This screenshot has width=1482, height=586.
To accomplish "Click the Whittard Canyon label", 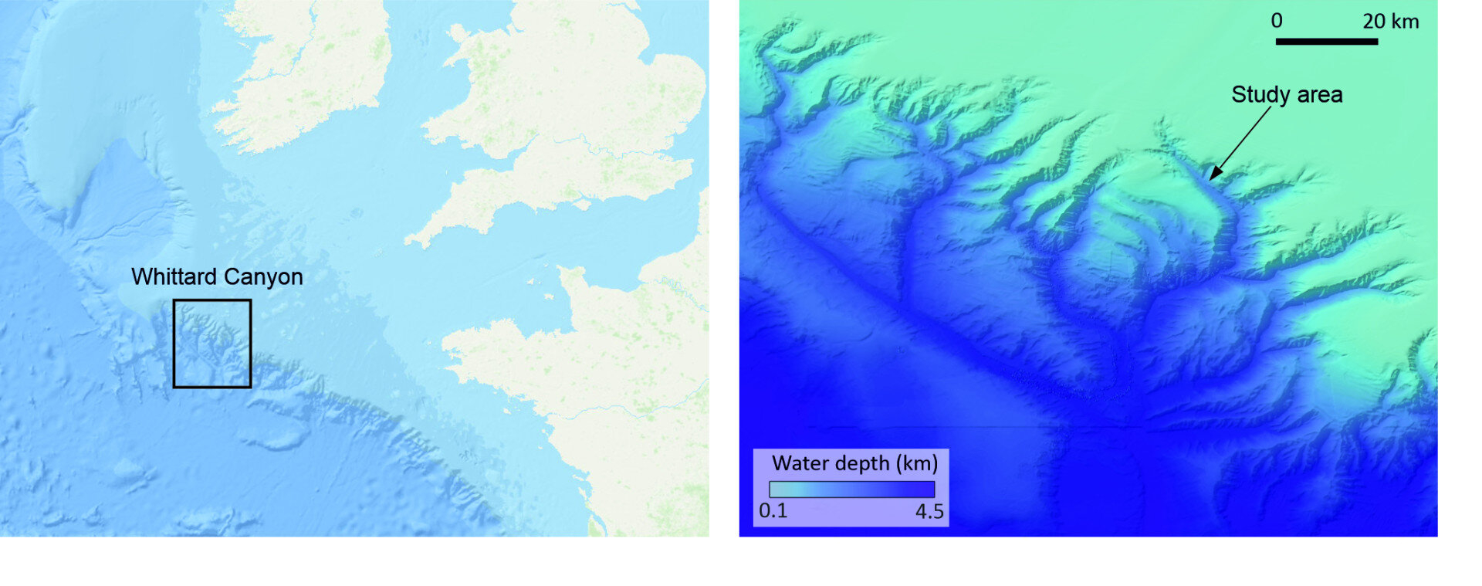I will point(217,276).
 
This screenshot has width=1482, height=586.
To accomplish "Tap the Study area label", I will point(1287,94).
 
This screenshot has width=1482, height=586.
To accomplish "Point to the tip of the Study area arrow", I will point(1210,179).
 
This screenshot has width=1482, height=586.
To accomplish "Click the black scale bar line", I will point(1326,41).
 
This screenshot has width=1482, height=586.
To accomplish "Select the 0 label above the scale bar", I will point(1277,21).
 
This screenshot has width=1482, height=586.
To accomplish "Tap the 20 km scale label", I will point(1390,21).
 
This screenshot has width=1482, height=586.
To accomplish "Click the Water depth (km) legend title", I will point(854,463).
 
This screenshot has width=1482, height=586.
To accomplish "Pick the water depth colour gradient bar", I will point(851,489).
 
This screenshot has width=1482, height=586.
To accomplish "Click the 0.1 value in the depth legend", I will point(773,511).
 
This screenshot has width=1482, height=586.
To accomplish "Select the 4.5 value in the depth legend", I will point(929,511).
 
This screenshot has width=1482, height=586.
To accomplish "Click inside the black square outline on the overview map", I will point(212,344).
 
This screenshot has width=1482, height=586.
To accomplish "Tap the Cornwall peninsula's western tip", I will point(409,241).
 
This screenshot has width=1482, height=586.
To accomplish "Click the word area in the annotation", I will point(1319,94).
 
